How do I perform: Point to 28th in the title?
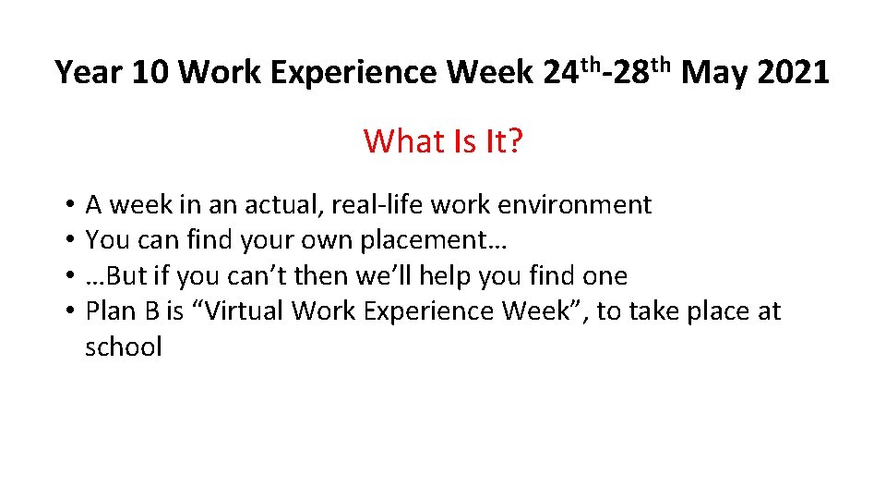(x=642, y=70)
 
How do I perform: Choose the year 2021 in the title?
(x=793, y=72)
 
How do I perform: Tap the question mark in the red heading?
(x=515, y=141)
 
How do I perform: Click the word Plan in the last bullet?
(x=112, y=311)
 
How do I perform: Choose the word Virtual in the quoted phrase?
(x=241, y=311)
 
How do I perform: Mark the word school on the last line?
(x=124, y=347)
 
